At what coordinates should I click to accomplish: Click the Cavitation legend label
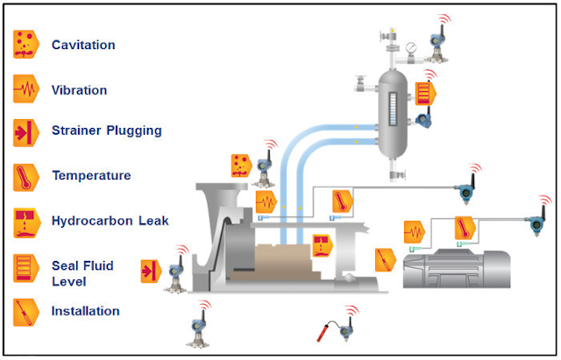[x=83, y=45]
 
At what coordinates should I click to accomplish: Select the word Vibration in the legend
[x=80, y=90]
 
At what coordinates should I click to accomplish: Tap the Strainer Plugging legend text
[x=107, y=131]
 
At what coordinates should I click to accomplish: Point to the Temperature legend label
[x=91, y=175]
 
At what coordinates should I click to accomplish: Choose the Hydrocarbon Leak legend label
[x=110, y=221]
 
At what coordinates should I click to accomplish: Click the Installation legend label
[x=86, y=311]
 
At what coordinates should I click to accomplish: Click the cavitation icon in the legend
[x=25, y=44]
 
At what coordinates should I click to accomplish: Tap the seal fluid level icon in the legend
[x=25, y=266]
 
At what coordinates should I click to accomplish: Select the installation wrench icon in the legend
[x=25, y=311]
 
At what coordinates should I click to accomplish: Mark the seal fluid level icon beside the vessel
[x=426, y=92]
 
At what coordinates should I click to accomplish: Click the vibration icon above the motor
[x=416, y=232]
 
